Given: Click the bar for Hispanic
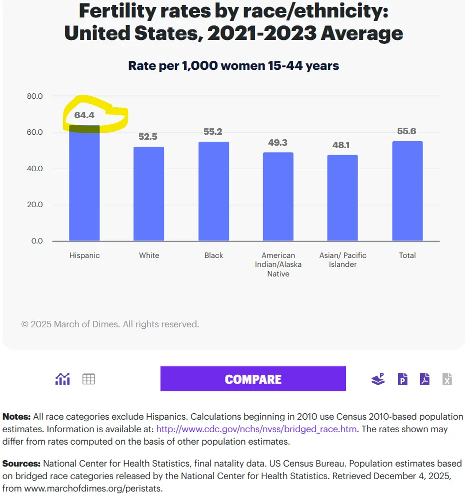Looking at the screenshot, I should click(84, 185).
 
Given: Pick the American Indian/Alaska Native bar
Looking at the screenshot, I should click(278, 197).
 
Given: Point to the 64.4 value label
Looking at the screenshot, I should click(84, 115).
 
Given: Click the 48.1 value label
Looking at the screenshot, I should click(342, 145).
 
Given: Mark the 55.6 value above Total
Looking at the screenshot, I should click(407, 131).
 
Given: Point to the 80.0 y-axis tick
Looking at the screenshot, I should click(34, 96).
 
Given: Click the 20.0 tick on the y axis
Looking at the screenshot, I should click(34, 205).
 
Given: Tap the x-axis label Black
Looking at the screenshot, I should click(213, 255).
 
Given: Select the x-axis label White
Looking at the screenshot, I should click(149, 255).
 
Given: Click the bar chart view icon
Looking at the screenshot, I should click(62, 379).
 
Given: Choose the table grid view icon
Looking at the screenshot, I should click(89, 379).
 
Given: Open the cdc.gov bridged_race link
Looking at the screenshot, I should click(256, 429).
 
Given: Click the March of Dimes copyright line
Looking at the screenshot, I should click(110, 324).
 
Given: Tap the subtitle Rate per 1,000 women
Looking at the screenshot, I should click(233, 65).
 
